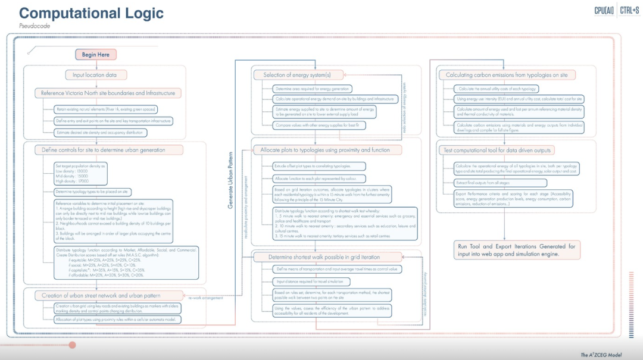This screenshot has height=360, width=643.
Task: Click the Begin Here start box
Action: [96, 55]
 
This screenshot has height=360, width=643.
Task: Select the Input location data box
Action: [95, 75]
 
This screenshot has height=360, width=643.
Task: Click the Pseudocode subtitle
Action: [35, 26]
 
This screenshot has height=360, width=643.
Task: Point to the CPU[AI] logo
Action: [604, 10]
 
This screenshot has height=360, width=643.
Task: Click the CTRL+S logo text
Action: [630, 10]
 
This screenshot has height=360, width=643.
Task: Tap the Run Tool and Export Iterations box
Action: [516, 249]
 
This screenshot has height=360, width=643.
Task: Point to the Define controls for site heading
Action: [99, 150]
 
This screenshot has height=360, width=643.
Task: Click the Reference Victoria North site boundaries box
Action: [108, 93]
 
